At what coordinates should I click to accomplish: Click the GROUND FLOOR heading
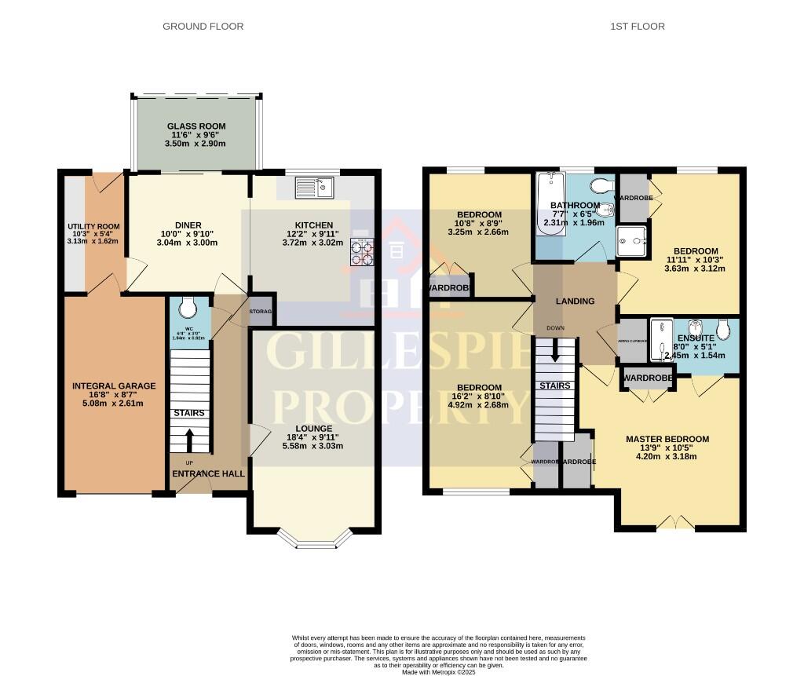(203, 27)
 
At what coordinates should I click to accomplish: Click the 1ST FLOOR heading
(638, 27)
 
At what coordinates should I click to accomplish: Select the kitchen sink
(314, 188)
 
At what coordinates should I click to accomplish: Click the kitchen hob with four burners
(362, 252)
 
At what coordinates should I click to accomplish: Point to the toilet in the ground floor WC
(187, 305)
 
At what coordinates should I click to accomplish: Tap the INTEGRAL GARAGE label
(114, 386)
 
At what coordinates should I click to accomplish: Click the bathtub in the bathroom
(546, 206)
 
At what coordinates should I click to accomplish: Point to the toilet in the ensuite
(723, 327)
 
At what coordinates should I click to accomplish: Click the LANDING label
(575, 301)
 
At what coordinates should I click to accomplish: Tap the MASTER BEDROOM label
(667, 440)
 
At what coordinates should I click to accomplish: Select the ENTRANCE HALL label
(209, 474)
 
